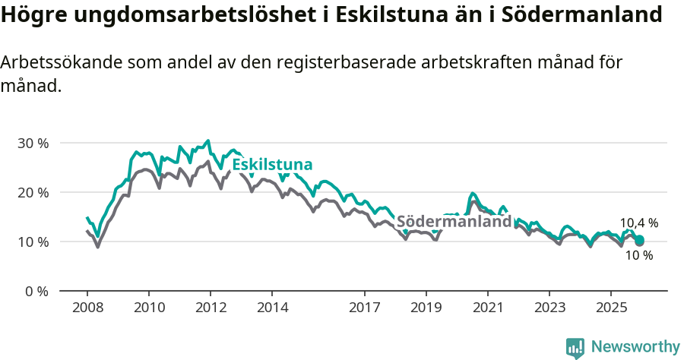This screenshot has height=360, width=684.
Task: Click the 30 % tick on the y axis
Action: (33, 143)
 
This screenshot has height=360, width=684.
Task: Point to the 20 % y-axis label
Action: (33, 192)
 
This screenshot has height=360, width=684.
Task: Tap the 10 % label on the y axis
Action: (33, 242)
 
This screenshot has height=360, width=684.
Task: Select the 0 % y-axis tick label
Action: (36, 291)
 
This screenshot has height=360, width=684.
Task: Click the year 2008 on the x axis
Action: (87, 308)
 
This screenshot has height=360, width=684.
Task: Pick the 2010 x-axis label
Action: (149, 308)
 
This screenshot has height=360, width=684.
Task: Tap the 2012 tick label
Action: (211, 308)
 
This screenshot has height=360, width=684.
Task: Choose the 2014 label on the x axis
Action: (273, 308)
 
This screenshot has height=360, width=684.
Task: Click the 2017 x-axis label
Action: (365, 308)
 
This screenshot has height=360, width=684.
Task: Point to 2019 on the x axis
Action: (426, 308)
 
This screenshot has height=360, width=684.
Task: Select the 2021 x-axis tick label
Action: (487, 308)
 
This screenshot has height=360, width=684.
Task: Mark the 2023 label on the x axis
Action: (549, 308)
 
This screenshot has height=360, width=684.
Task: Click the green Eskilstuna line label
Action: (272, 165)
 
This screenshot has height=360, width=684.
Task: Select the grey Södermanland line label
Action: (454, 222)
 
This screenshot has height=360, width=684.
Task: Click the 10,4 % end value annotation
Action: (638, 223)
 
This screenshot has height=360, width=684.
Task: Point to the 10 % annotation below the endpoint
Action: (638, 256)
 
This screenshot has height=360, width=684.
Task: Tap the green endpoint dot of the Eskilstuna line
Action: (639, 241)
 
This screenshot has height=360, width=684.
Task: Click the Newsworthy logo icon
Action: (575, 348)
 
